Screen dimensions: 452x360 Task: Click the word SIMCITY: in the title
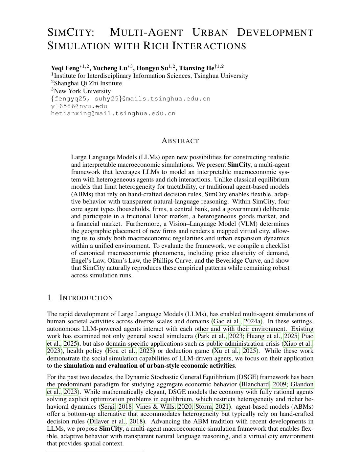(71, 33)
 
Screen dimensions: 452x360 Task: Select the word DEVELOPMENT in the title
(275, 33)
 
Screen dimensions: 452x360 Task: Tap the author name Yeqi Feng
(65, 68)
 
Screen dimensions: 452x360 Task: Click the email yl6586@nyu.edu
(79, 106)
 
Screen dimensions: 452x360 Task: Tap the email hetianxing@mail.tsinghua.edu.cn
(113, 114)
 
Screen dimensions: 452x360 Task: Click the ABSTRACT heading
(180, 141)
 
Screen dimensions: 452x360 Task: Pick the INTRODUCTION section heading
(86, 298)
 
